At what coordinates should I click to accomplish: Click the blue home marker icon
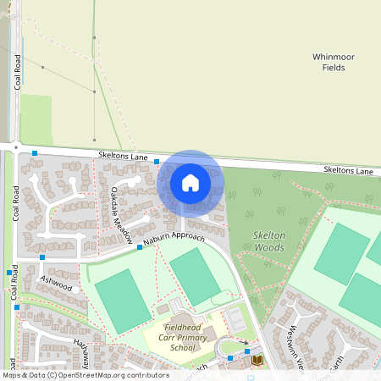pos(190,182)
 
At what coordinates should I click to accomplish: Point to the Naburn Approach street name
pos(177,240)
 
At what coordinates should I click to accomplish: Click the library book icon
pos(257,360)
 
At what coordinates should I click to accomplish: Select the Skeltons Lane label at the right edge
pos(347,171)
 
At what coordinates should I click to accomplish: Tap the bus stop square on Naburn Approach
pos(140,249)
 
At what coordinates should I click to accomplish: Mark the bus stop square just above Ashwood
pos(41,257)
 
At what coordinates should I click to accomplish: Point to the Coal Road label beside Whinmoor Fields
pos(16,72)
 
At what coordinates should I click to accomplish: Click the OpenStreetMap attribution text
pos(85,375)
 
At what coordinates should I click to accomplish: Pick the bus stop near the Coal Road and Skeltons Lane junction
pos(35,153)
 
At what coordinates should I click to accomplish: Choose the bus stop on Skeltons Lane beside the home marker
pos(157,160)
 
